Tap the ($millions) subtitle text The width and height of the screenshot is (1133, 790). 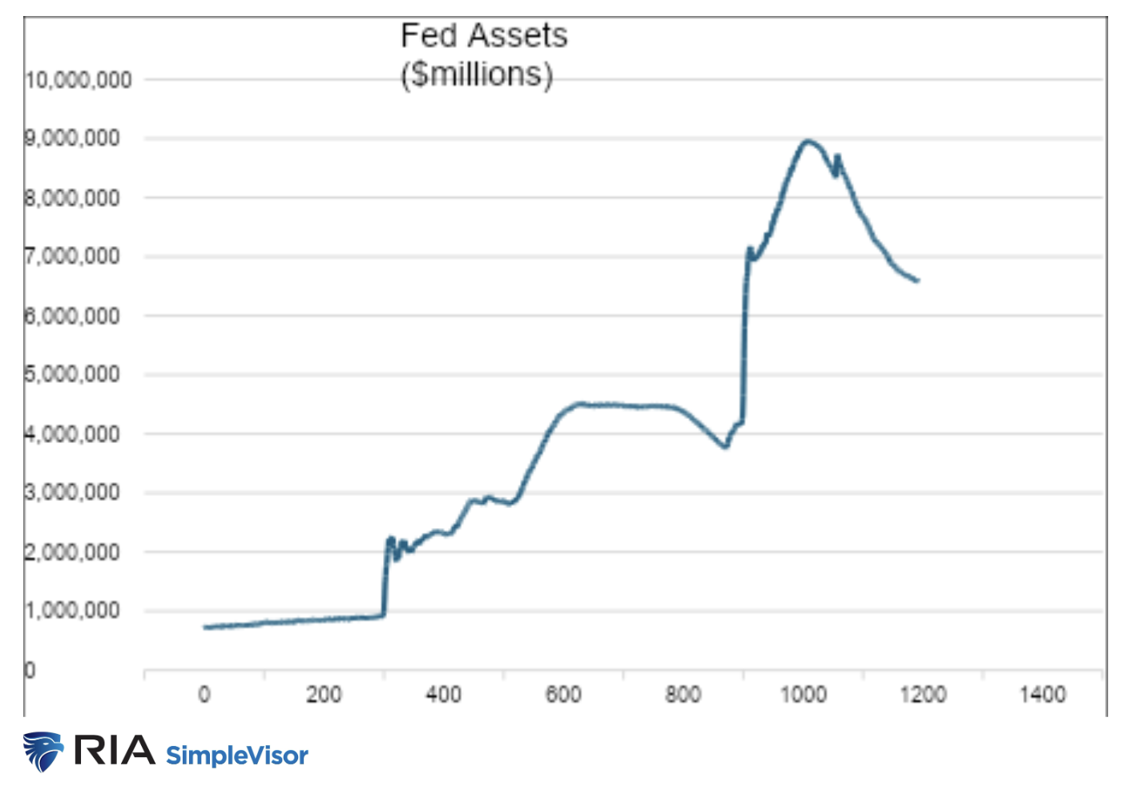(477, 75)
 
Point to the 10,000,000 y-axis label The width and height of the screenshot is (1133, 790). (79, 80)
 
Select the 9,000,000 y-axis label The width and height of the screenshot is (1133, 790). (73, 139)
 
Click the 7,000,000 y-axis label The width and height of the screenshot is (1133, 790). (73, 256)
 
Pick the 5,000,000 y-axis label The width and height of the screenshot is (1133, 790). (73, 374)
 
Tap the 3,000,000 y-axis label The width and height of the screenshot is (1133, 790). (73, 492)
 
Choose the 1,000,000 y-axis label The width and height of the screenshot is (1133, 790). (73, 611)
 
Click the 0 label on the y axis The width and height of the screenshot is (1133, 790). (30, 670)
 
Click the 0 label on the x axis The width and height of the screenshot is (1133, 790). (204, 695)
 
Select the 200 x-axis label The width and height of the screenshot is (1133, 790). (324, 695)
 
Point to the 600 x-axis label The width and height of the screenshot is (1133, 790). (563, 695)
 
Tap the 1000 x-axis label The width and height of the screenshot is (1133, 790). (803, 695)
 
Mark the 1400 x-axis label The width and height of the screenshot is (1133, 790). (1042, 695)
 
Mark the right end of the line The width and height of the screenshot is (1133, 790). (917, 280)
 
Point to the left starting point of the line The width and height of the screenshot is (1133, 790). (205, 627)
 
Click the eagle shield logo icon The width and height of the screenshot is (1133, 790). (43, 752)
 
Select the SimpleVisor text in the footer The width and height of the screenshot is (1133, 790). (236, 756)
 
